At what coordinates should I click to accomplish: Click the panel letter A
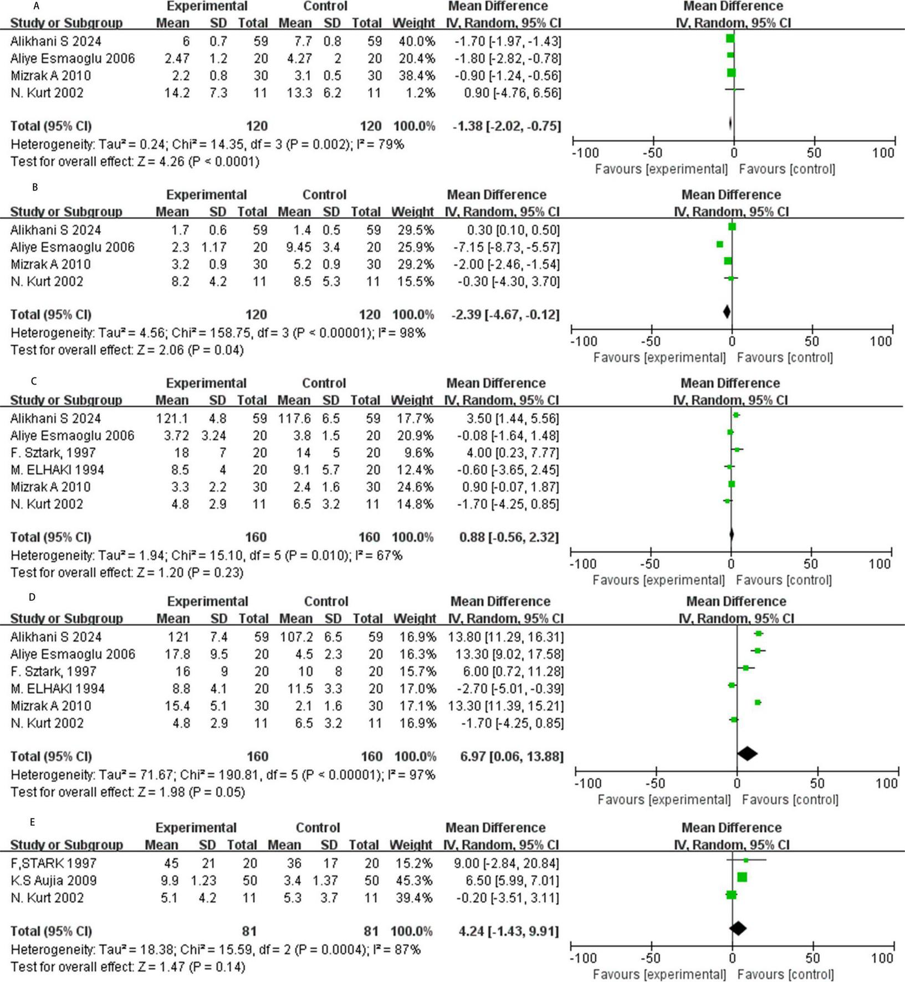point(36,7)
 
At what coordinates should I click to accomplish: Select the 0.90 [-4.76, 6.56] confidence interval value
point(513,93)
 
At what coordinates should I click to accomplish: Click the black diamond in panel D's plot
point(747,754)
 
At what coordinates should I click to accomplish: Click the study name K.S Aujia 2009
point(54,880)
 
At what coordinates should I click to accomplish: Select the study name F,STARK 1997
point(54,863)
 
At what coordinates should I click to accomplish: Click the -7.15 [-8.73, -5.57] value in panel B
point(508,247)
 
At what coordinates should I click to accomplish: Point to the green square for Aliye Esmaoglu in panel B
point(719,244)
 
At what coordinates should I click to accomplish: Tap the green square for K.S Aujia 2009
point(742,877)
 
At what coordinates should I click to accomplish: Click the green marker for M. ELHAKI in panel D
point(732,686)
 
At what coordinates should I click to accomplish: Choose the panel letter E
point(33,822)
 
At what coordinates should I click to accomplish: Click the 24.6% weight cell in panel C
point(412,487)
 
